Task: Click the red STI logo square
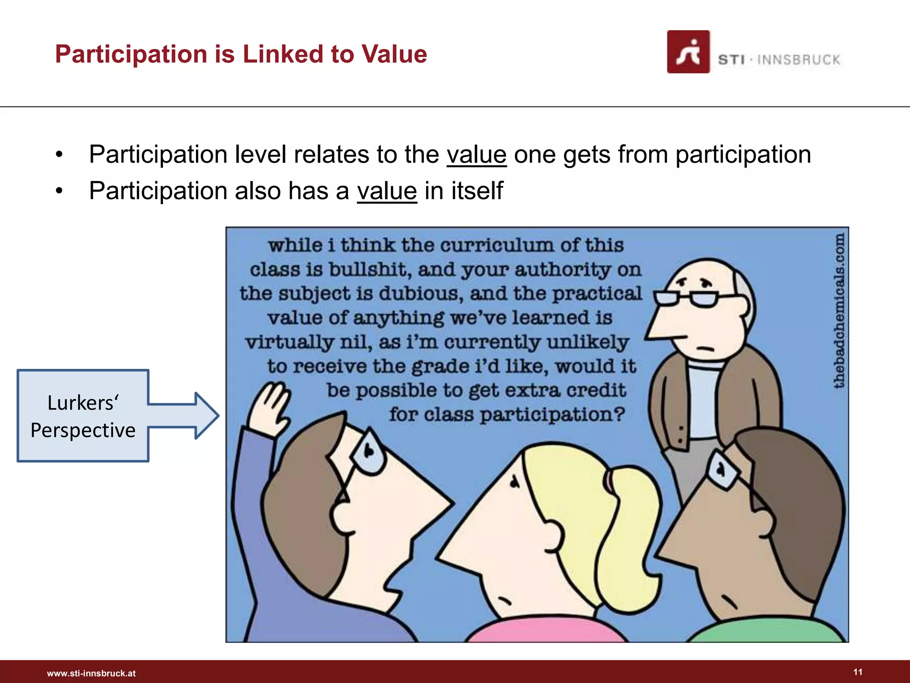point(688,52)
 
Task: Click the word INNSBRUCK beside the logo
point(798,60)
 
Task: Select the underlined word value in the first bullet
point(476,155)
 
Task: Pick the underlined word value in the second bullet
point(387,191)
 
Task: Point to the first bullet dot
point(60,155)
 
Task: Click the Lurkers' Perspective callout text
point(83,416)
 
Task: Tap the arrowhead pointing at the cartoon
point(206,416)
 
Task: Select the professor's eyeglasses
point(686,298)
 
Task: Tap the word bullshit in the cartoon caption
point(368,269)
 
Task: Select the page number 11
point(858,672)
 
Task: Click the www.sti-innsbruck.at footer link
point(91,673)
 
